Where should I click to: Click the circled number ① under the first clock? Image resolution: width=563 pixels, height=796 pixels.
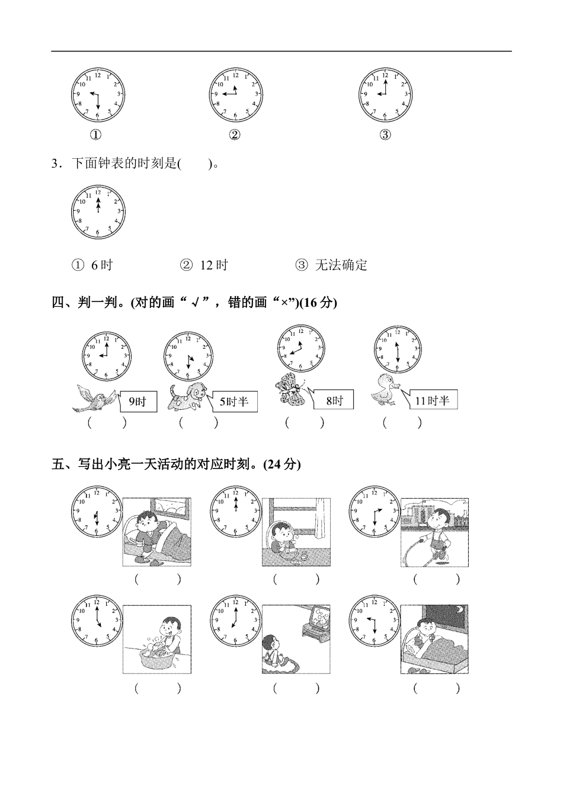tap(95, 135)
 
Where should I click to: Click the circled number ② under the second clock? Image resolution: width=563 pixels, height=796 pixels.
tap(235, 135)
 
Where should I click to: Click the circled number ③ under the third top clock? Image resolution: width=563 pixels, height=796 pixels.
tap(385, 135)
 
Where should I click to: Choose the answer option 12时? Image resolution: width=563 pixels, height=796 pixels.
tap(204, 265)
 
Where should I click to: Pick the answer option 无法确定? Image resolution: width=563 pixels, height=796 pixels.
tap(332, 265)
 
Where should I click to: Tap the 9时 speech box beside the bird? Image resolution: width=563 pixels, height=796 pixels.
tap(138, 402)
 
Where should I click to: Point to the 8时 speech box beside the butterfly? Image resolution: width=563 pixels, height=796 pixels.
tap(334, 400)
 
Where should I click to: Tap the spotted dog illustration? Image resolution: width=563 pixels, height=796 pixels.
tap(187, 397)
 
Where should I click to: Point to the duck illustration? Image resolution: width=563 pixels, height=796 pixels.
tap(386, 392)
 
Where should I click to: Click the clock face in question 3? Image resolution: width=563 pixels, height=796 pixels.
tap(98, 211)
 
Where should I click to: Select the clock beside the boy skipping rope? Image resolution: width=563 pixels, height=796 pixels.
tap(375, 511)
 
